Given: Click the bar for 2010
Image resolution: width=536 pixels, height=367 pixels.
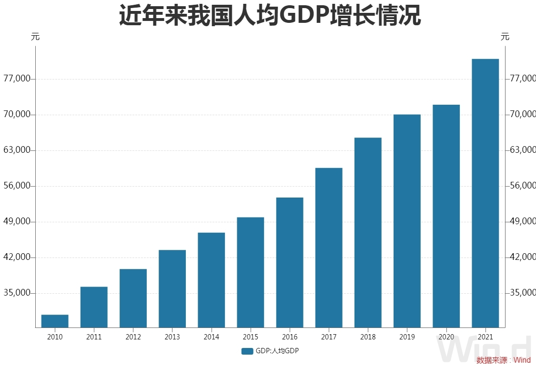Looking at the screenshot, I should coord(55,321).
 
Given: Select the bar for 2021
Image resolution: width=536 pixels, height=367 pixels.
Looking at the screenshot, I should coord(485,193).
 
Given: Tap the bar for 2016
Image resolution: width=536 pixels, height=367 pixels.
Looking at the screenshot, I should coord(290,262).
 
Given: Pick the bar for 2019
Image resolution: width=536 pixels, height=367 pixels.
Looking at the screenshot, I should coord(407,221).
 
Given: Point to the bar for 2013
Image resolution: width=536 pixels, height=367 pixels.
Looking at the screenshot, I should coord(172,288).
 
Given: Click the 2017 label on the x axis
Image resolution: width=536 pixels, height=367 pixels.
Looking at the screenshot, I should coord(329,337).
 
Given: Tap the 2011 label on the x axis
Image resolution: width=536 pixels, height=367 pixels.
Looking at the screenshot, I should coord(94,337).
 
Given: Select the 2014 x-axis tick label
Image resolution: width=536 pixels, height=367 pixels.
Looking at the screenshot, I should coord(211,337).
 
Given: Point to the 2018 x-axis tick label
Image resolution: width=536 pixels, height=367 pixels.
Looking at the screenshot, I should coord(368,337).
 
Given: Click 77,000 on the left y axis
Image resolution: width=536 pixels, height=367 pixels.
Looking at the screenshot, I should coord(17,79).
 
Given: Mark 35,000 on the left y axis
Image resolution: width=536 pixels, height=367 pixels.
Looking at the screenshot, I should coord(17,293).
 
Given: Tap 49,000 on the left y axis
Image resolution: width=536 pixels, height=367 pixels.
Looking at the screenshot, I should coord(17,222).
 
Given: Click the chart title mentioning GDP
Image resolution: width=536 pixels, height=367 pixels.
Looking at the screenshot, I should coord(270,16).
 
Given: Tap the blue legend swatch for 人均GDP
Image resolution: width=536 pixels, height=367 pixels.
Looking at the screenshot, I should coord(247,351).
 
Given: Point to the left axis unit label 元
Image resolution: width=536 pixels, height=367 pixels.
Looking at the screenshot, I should coord(35,37).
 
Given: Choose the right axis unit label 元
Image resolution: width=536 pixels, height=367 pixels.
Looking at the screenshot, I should coord(505,37).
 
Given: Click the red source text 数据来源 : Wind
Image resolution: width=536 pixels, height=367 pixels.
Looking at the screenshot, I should coord(503,360).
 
